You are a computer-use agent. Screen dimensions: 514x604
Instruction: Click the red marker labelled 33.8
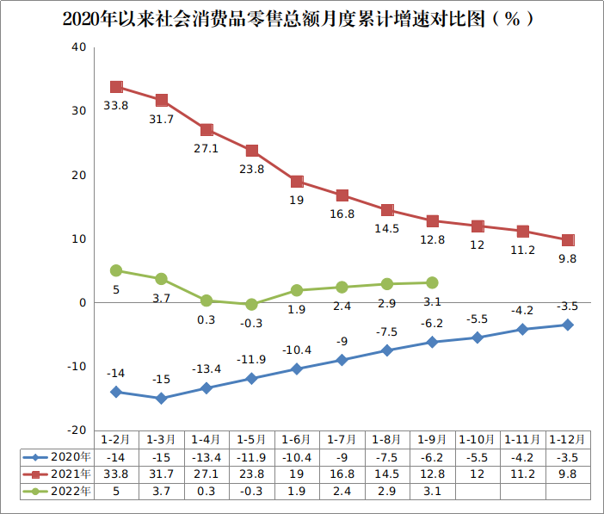116,87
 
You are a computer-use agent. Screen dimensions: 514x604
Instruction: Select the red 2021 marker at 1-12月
568,240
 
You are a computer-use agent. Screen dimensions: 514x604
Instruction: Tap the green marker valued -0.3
251,305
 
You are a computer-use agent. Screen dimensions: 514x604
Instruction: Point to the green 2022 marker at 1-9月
432,282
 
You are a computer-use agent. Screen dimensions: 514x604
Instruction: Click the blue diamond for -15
161,399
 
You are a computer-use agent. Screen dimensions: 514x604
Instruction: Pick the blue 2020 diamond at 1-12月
568,325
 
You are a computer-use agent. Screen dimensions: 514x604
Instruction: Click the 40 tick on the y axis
78,47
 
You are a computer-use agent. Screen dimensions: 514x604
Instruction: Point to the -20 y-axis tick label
76,430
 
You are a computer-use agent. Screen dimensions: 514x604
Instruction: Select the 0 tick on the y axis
83,303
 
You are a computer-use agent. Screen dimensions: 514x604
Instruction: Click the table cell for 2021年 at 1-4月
206,474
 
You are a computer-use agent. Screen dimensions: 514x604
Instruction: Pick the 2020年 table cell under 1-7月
342,457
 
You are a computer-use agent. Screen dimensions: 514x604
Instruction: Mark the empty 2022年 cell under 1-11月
522,491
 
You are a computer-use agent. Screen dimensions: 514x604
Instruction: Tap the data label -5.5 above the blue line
477,319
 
